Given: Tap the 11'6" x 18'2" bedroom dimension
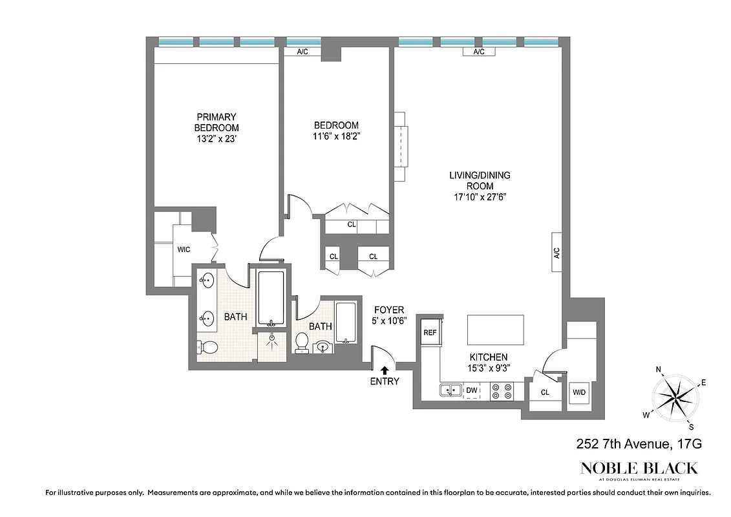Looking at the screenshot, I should (336, 136).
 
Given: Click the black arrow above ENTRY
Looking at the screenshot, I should (385, 370).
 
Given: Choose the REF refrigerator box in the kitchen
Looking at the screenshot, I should (430, 332).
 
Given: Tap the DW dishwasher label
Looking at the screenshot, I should (471, 390).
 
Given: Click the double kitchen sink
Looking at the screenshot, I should (450, 390).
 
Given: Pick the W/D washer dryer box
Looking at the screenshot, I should (578, 392).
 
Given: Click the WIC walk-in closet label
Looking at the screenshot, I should (184, 249).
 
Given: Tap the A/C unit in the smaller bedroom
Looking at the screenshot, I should (302, 52).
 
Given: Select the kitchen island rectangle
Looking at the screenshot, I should (496, 330).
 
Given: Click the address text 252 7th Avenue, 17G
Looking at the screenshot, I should (638, 444).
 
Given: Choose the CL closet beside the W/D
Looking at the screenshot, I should (544, 392).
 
